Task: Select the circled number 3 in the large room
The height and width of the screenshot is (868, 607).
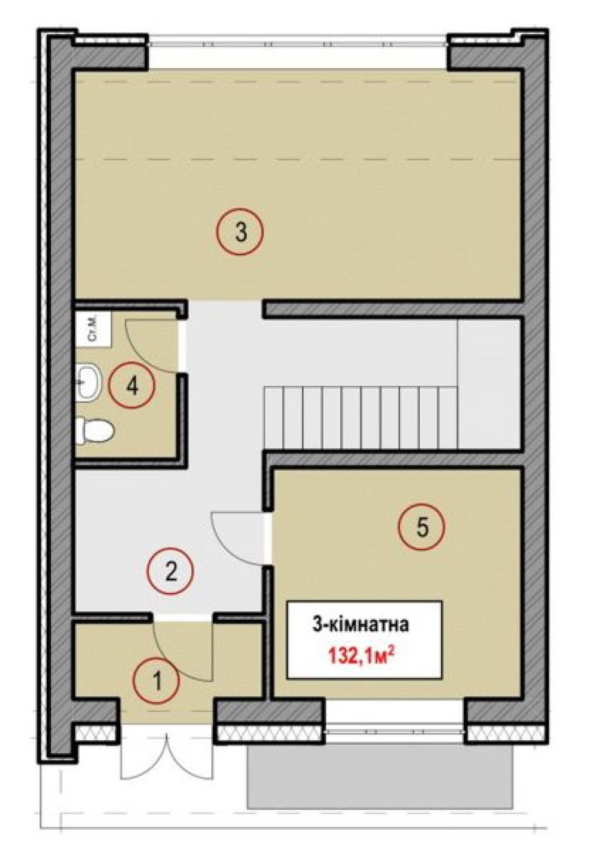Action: tap(240, 231)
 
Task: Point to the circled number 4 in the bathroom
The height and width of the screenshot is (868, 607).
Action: tap(132, 386)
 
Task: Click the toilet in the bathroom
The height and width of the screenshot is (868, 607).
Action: tap(95, 430)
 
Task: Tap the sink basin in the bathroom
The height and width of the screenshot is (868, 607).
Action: tap(89, 382)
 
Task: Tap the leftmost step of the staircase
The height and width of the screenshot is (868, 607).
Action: tap(274, 418)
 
